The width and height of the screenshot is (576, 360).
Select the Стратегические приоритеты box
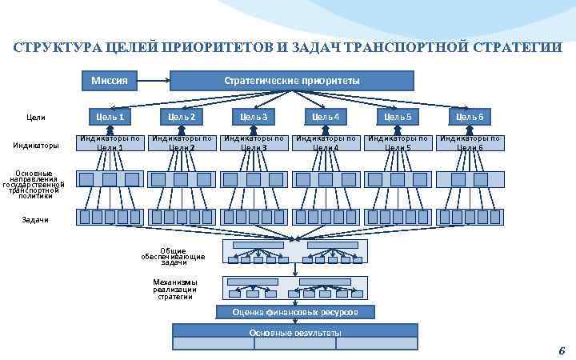coord(292,80)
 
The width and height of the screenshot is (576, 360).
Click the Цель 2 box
coord(182,118)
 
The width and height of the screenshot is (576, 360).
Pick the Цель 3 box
coord(254,118)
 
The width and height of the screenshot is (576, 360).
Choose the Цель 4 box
coord(326,118)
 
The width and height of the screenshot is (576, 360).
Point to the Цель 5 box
coord(398,118)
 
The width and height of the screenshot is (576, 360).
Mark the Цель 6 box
coord(470,118)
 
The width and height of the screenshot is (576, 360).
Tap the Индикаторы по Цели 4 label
coord(326,142)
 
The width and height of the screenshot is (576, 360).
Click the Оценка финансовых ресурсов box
coord(295,312)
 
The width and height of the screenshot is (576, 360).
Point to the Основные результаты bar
coord(295,332)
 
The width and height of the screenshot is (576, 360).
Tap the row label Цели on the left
coord(36,118)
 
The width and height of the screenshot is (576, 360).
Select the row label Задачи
coord(35,219)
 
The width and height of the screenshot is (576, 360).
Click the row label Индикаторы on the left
coord(36,146)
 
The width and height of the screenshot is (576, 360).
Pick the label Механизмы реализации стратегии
coord(175,289)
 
